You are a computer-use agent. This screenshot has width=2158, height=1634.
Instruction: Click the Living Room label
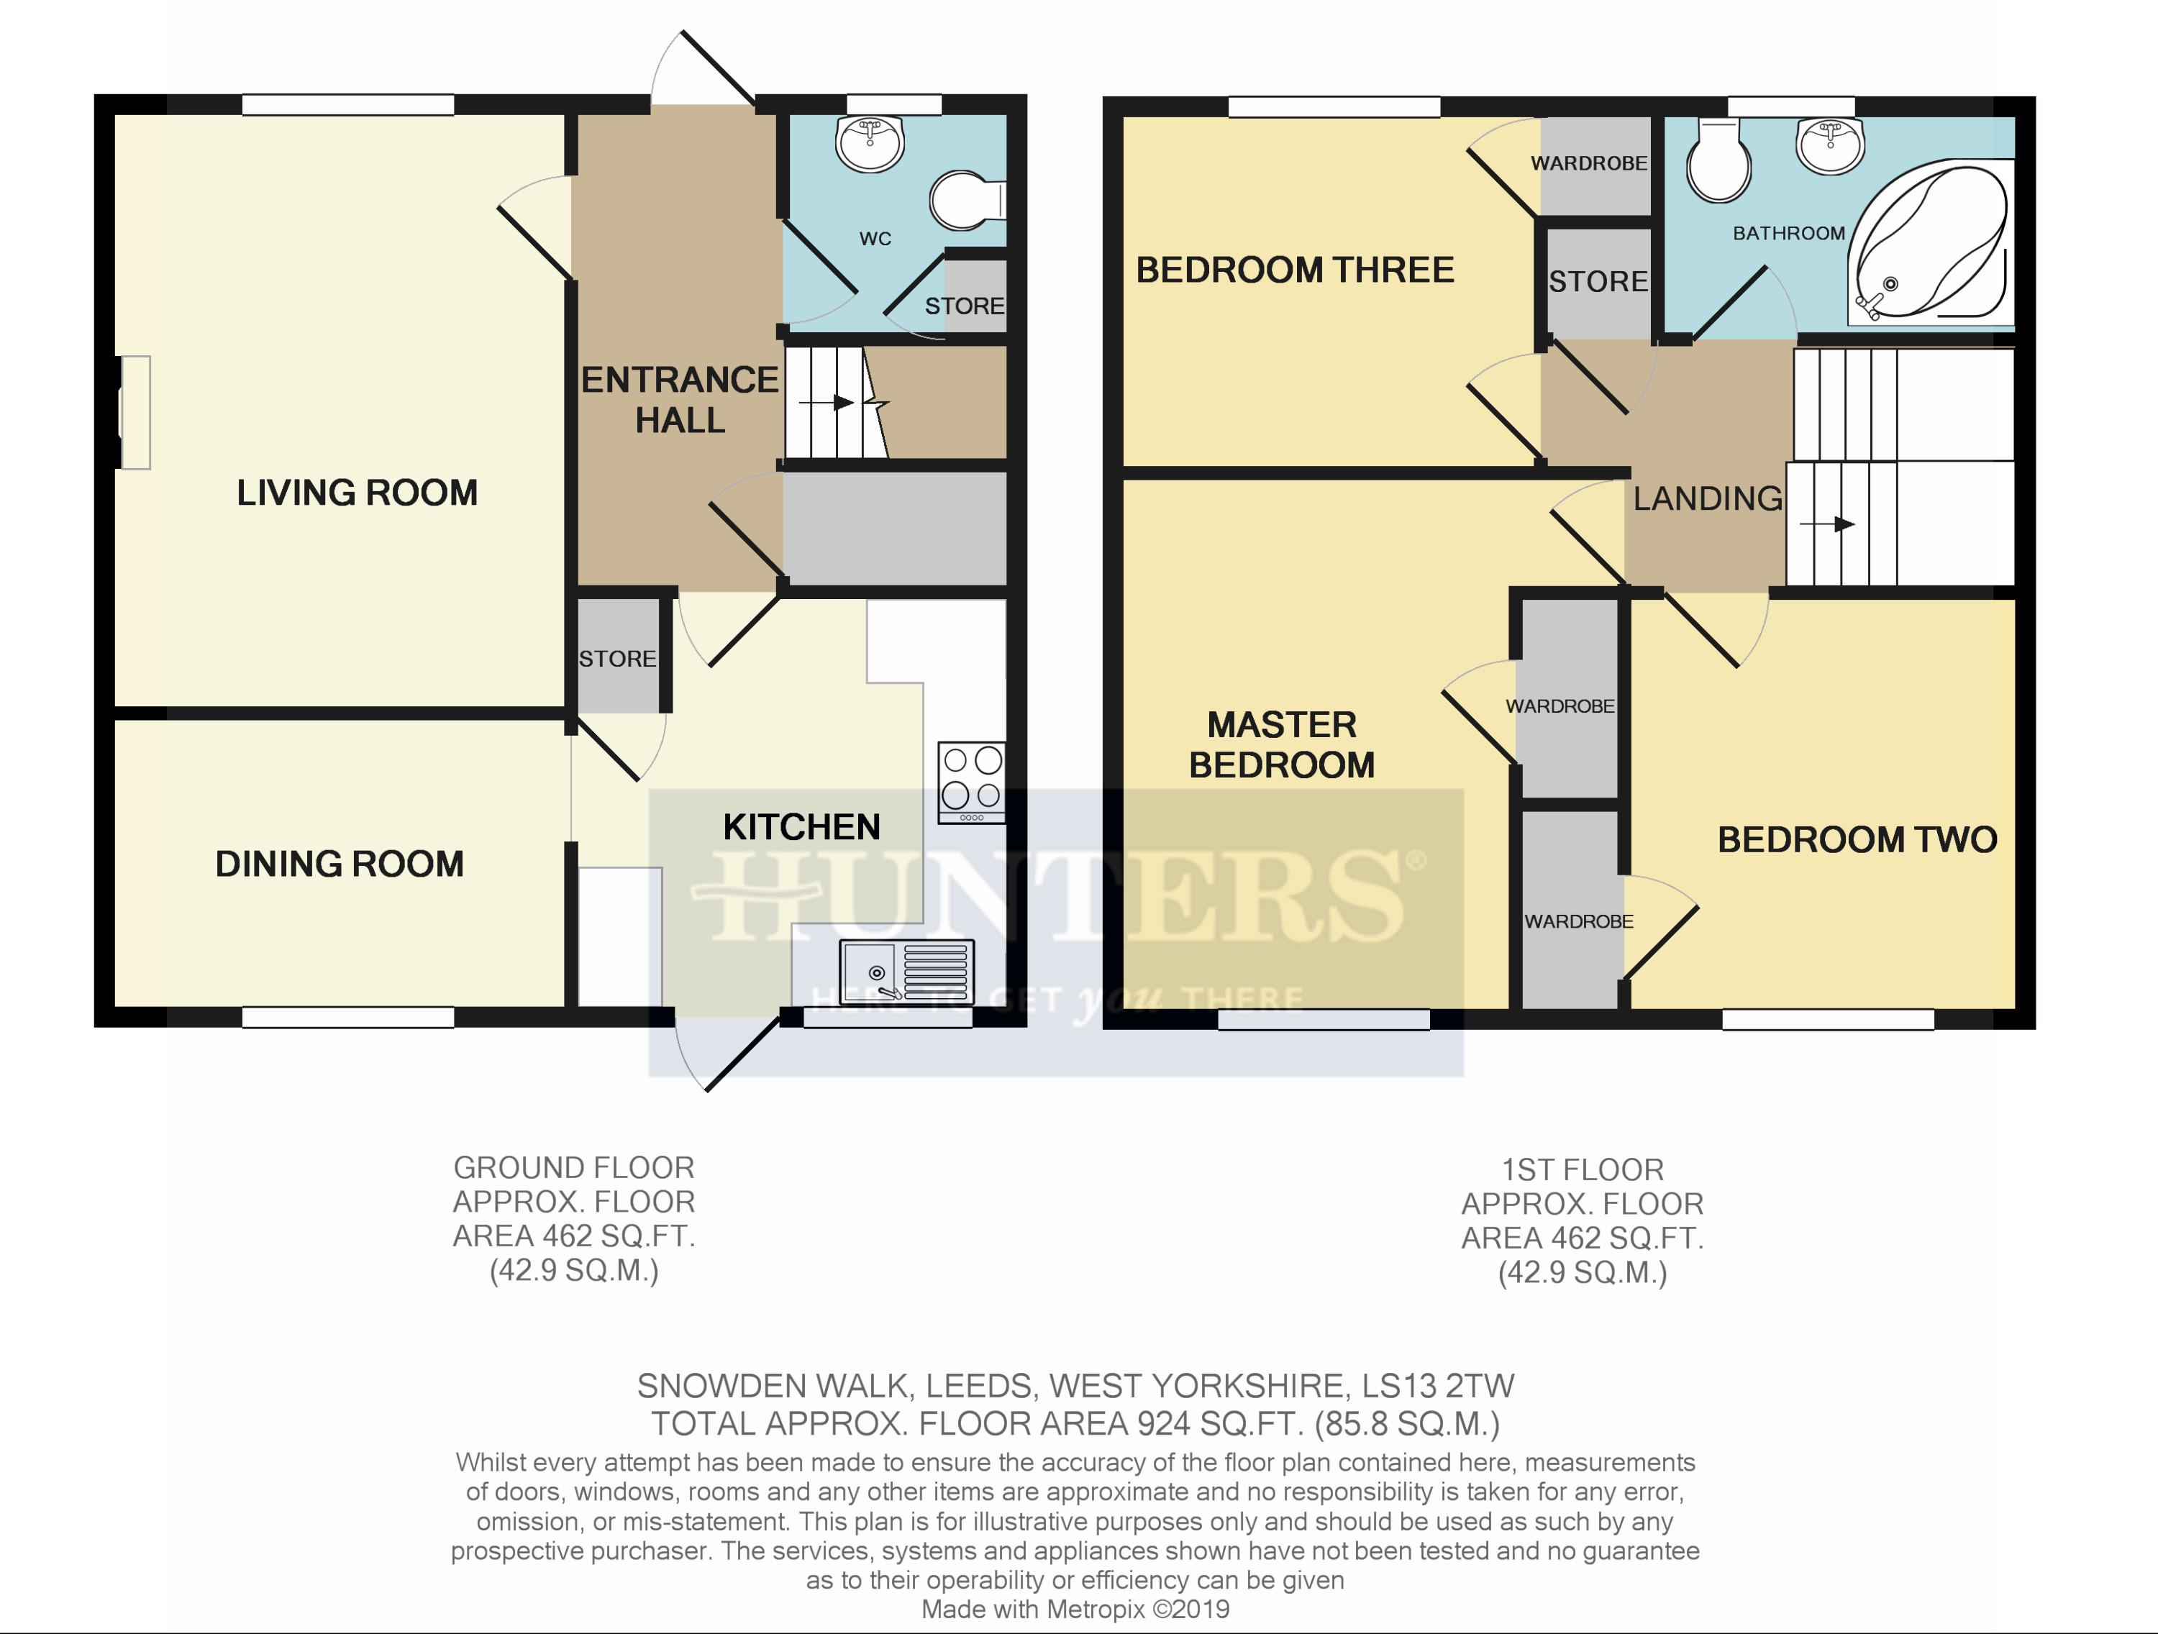click(x=357, y=493)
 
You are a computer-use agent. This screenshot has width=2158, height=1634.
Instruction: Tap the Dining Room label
click(x=340, y=864)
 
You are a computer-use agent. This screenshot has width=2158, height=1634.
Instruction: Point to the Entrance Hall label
click(x=680, y=400)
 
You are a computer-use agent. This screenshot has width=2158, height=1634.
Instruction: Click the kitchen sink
click(x=907, y=972)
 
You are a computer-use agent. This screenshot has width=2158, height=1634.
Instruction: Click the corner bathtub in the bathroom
click(x=1930, y=243)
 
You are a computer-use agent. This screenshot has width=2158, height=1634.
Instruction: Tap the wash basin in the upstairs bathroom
click(x=1830, y=145)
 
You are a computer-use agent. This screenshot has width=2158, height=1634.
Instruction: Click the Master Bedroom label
click(x=1282, y=745)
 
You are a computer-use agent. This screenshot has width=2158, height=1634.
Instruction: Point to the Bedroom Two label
click(x=1857, y=840)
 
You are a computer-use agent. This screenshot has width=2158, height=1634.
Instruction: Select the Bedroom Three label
click(x=1295, y=270)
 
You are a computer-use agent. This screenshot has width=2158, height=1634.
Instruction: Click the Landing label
click(x=1708, y=499)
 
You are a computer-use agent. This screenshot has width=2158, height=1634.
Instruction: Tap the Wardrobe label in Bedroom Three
click(x=1589, y=163)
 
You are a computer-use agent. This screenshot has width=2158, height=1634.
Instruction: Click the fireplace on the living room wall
click(x=135, y=413)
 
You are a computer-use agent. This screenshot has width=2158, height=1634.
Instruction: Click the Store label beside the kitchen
click(x=617, y=659)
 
